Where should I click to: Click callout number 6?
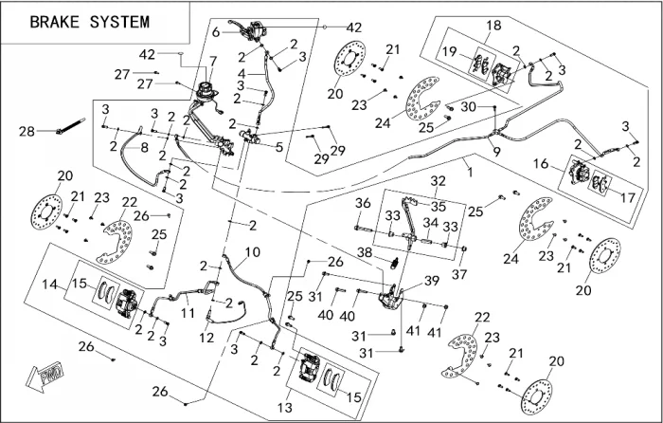point(216,31)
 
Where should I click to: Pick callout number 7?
point(212,62)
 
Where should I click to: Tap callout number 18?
point(494,25)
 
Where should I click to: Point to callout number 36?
point(362,203)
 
